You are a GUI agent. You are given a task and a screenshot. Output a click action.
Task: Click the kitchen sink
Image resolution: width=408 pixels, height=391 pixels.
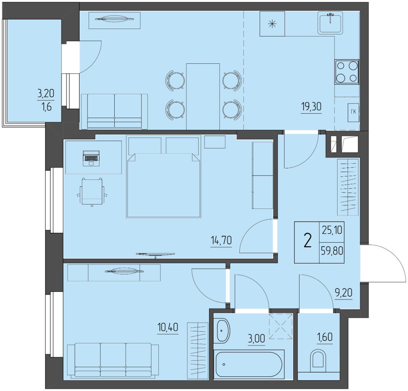330,23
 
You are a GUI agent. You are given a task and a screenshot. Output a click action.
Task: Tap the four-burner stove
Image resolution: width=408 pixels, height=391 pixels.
347,72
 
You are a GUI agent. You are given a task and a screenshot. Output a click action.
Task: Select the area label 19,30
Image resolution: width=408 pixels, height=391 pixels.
311,106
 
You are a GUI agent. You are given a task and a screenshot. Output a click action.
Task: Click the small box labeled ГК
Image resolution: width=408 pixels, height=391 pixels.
353,112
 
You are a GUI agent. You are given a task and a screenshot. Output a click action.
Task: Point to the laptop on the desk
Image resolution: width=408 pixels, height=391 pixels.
91,158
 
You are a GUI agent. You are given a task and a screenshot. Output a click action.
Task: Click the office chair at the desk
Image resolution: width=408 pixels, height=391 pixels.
92,192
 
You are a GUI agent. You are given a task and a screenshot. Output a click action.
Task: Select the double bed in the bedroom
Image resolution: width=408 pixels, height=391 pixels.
163,176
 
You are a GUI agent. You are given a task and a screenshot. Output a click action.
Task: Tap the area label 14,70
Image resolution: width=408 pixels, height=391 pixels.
221,240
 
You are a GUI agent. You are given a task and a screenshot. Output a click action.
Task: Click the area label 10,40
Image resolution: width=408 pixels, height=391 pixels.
168,327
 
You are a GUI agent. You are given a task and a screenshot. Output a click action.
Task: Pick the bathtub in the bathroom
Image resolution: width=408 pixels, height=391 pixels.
249,364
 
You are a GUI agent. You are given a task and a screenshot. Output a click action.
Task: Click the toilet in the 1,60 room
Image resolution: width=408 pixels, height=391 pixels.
318,361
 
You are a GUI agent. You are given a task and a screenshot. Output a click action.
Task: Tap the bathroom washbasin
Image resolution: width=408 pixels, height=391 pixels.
223,330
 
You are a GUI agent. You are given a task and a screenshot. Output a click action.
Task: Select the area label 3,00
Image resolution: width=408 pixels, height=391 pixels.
256,339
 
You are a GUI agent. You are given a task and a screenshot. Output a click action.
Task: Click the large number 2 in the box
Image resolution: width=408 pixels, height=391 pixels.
307,240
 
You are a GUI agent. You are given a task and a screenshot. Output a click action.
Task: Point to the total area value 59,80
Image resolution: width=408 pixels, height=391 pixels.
332,251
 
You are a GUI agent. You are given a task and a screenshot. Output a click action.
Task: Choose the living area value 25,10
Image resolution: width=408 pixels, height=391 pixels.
332,230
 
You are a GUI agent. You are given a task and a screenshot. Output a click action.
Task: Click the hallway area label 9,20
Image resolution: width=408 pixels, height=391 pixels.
344,293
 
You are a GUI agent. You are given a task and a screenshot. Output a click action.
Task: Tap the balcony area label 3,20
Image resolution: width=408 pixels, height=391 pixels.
46,93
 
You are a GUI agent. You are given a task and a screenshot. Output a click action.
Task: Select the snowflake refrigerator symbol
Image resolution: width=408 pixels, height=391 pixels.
272,24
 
